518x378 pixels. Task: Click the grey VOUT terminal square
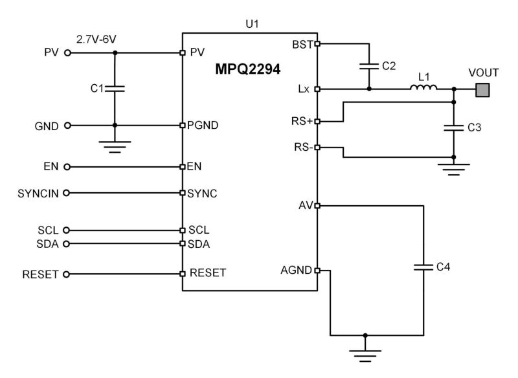coord(482,89)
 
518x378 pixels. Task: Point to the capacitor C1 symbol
coord(115,87)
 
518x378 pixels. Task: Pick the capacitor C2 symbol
coord(369,65)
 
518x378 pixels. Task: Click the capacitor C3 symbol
coord(454,128)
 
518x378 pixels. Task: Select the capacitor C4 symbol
coord(423,266)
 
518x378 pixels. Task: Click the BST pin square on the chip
coord(317,44)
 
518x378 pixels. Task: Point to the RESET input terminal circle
coord(66,274)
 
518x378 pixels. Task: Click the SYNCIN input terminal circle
coord(66,192)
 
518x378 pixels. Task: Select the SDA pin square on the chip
coord(183,244)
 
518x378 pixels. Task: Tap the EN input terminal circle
coord(66,166)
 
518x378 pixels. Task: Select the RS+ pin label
coord(302,120)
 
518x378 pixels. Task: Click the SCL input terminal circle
coord(66,230)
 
